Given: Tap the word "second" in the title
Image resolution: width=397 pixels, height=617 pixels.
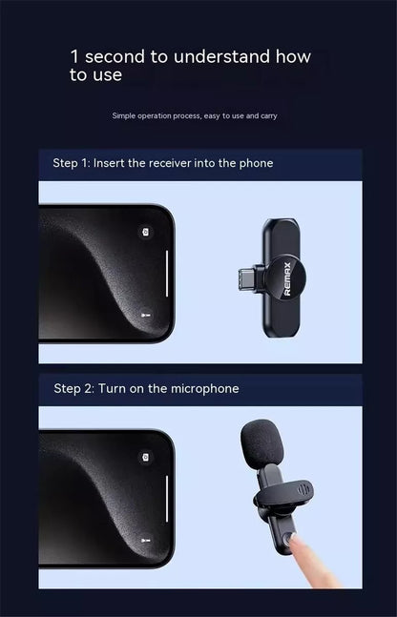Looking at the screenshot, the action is (115, 57).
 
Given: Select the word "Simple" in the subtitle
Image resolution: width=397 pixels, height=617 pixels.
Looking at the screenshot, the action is (124, 115).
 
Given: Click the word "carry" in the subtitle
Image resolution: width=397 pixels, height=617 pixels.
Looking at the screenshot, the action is (268, 116).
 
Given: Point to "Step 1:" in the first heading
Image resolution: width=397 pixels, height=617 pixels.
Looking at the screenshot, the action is (72, 163).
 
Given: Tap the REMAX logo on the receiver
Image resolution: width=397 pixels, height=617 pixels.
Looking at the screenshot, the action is (287, 278).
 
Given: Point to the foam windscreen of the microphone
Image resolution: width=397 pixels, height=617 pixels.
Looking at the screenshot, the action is (261, 444).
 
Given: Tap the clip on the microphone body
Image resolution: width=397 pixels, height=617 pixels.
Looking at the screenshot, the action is (284, 494).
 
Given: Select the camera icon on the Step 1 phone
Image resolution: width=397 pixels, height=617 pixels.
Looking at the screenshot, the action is (146, 232).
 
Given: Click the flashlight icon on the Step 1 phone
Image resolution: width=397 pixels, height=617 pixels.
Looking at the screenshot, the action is (146, 316).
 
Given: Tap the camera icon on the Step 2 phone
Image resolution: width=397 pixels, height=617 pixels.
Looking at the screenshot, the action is (146, 457).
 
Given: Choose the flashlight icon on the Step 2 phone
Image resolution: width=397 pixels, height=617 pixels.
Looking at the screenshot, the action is (146, 541).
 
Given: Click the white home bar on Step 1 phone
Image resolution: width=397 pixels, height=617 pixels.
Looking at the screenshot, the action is (167, 274).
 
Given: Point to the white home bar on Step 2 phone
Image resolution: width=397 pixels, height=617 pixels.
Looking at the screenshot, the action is (167, 499).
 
